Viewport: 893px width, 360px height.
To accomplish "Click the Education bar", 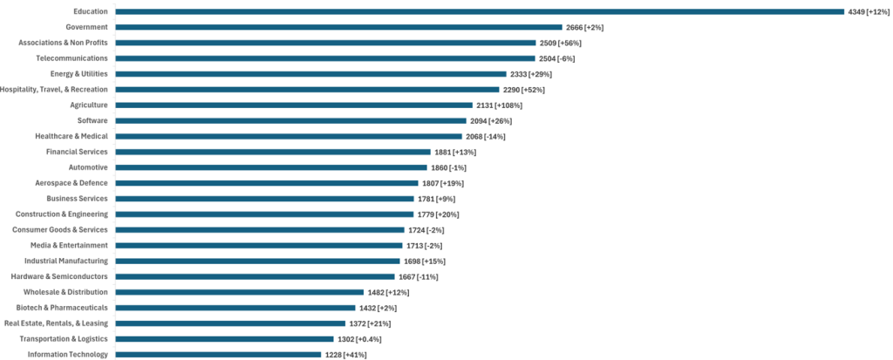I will pos(480,11).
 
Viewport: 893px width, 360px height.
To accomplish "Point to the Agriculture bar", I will pos(294,105).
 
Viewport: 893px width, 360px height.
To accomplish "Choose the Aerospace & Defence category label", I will pos(73,183).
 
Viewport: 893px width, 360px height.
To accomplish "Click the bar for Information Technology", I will pos(218,355).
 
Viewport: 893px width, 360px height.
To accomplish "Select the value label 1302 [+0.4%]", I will pos(358,339).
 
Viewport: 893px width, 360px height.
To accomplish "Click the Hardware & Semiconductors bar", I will pos(255,276).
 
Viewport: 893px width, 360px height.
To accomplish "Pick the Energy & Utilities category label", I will pos(78,74).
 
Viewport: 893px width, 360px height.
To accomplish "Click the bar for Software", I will pos(291,121).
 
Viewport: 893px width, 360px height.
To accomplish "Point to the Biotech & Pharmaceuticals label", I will pos(62,308).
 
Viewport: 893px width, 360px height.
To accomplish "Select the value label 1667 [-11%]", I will pos(419,276).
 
